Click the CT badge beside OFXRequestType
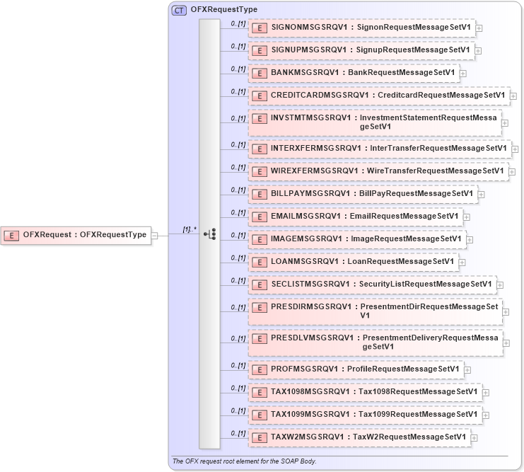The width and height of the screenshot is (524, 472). coord(180,10)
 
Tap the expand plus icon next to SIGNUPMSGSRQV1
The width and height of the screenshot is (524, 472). coord(479,50)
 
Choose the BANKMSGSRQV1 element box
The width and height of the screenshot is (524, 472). coord(354,73)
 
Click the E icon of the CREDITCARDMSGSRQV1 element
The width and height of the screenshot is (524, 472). coord(260,95)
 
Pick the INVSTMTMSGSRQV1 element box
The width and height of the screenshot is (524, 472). coord(375,122)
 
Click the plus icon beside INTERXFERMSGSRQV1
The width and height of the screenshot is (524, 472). coord(516,149)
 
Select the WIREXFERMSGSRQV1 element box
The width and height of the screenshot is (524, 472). coord(378,171)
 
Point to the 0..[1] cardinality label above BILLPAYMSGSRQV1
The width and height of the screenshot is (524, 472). coord(238,190)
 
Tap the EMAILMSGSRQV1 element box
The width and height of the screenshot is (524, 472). coord(356,217)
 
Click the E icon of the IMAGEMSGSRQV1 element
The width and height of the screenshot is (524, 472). coord(260,239)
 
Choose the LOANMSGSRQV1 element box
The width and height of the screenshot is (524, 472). coord(353,262)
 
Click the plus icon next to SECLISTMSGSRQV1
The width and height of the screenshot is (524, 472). coord(501,285)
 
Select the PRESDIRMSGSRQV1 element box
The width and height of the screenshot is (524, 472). coord(375,311)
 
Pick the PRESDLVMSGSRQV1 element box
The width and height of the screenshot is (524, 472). coord(375,343)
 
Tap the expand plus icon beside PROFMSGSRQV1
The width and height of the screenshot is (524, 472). coord(468,369)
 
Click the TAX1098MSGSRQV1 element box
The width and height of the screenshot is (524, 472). coord(365,392)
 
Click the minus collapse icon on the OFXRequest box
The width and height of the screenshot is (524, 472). coord(155,236)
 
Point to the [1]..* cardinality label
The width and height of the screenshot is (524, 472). coord(189,229)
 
